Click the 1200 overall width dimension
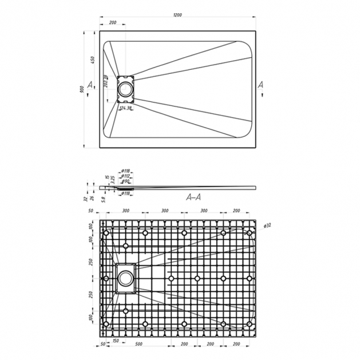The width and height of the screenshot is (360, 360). point(179,14)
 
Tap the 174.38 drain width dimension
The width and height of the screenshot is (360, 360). point(125,108)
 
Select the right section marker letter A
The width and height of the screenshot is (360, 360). point(261,85)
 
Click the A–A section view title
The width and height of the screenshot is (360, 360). point(195,197)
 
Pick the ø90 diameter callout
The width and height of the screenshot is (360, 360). point(125,181)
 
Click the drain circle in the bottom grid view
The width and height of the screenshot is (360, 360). point(125,280)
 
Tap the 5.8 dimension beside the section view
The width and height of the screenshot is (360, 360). point(104,199)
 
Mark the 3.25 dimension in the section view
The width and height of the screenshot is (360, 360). point(113,180)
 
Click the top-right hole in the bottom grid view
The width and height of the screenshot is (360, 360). point(250,234)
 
